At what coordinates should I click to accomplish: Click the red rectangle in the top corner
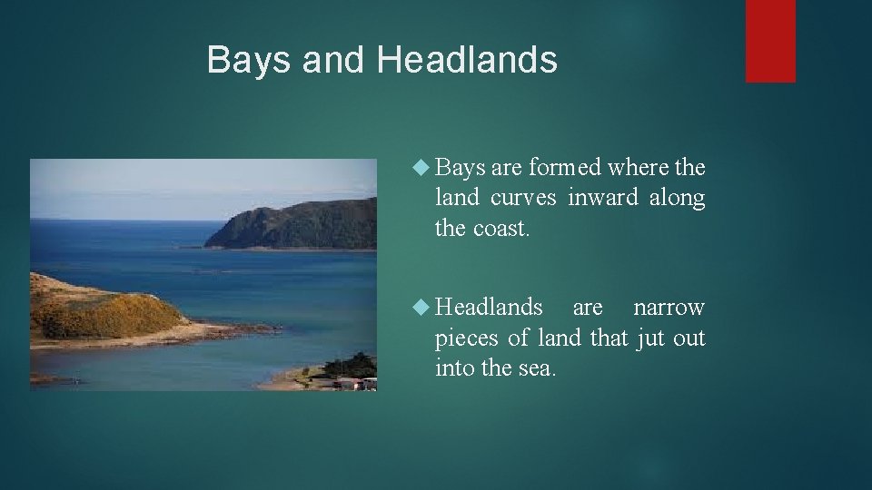point(770,41)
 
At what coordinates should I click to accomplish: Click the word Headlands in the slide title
point(467,60)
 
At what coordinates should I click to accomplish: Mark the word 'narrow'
point(669,308)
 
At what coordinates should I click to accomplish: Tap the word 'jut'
point(649,338)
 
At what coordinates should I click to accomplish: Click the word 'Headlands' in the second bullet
point(489,308)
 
